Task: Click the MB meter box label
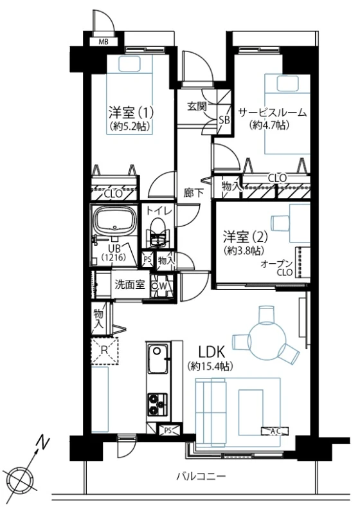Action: [104, 42]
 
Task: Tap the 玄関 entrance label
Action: [197, 106]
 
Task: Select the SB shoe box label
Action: [224, 120]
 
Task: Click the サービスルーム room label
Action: [272, 113]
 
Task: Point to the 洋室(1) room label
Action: [131, 113]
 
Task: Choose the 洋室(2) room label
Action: [246, 236]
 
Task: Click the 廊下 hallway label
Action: [194, 193]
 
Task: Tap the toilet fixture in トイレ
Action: [159, 232]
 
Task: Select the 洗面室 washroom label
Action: [130, 284]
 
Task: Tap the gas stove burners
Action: [158, 404]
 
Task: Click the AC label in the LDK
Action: [275, 432]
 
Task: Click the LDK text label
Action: [212, 353]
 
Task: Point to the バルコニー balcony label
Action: [201, 475]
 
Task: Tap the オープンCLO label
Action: [277, 268]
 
